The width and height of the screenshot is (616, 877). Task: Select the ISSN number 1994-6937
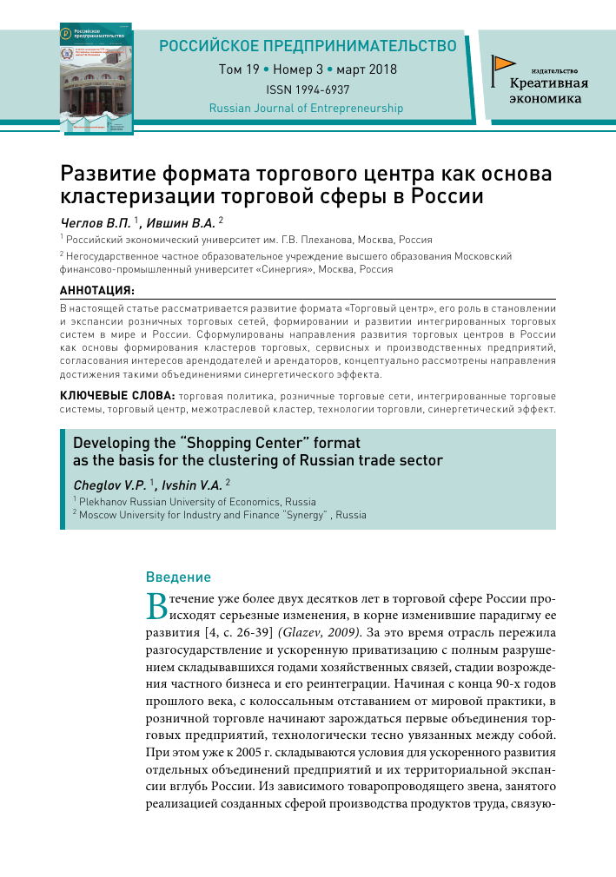coord(307,89)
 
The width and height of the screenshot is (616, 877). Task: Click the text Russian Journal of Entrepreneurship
coord(307,109)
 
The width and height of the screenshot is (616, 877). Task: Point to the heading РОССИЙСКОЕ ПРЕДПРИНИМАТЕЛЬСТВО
coord(308,46)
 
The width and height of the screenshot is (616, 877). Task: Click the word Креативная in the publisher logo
coord(549,83)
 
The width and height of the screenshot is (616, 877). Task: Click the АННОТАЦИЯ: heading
coord(96,289)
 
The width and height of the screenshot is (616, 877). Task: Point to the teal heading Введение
coord(177,577)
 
